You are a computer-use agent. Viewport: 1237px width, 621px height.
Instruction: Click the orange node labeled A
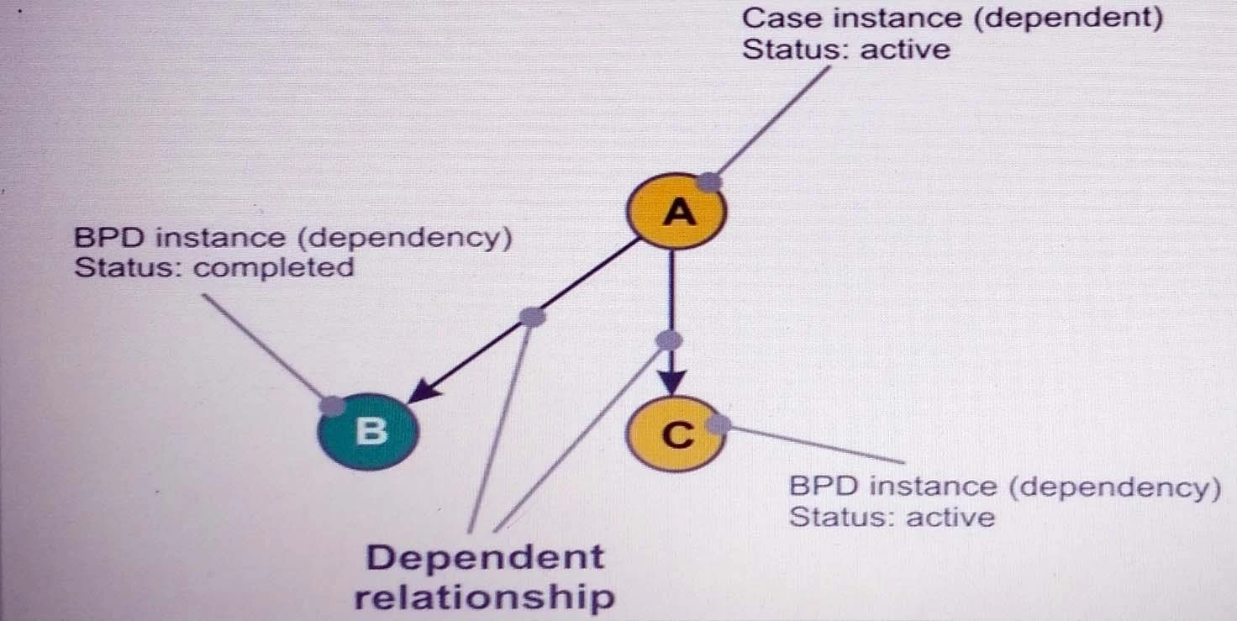677,212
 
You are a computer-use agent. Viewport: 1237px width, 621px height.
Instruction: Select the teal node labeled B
368,430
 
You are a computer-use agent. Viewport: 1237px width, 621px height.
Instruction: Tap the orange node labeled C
676,434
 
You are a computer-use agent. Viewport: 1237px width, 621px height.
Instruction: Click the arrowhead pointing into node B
425,389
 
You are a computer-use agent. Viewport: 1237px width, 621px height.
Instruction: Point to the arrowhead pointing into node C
671,382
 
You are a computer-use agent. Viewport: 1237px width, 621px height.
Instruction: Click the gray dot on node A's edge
710,181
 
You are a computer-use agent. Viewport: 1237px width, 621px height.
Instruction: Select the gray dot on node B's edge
333,404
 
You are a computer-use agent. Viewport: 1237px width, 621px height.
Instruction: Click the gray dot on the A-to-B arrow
532,317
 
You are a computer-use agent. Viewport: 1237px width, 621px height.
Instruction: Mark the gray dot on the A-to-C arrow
670,340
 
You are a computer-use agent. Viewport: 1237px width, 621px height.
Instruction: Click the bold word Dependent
485,557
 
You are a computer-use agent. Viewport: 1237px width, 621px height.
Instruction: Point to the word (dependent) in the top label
1068,18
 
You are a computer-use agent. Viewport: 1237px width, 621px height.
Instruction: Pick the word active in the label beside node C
950,516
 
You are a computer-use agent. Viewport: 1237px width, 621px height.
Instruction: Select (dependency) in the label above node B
404,238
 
